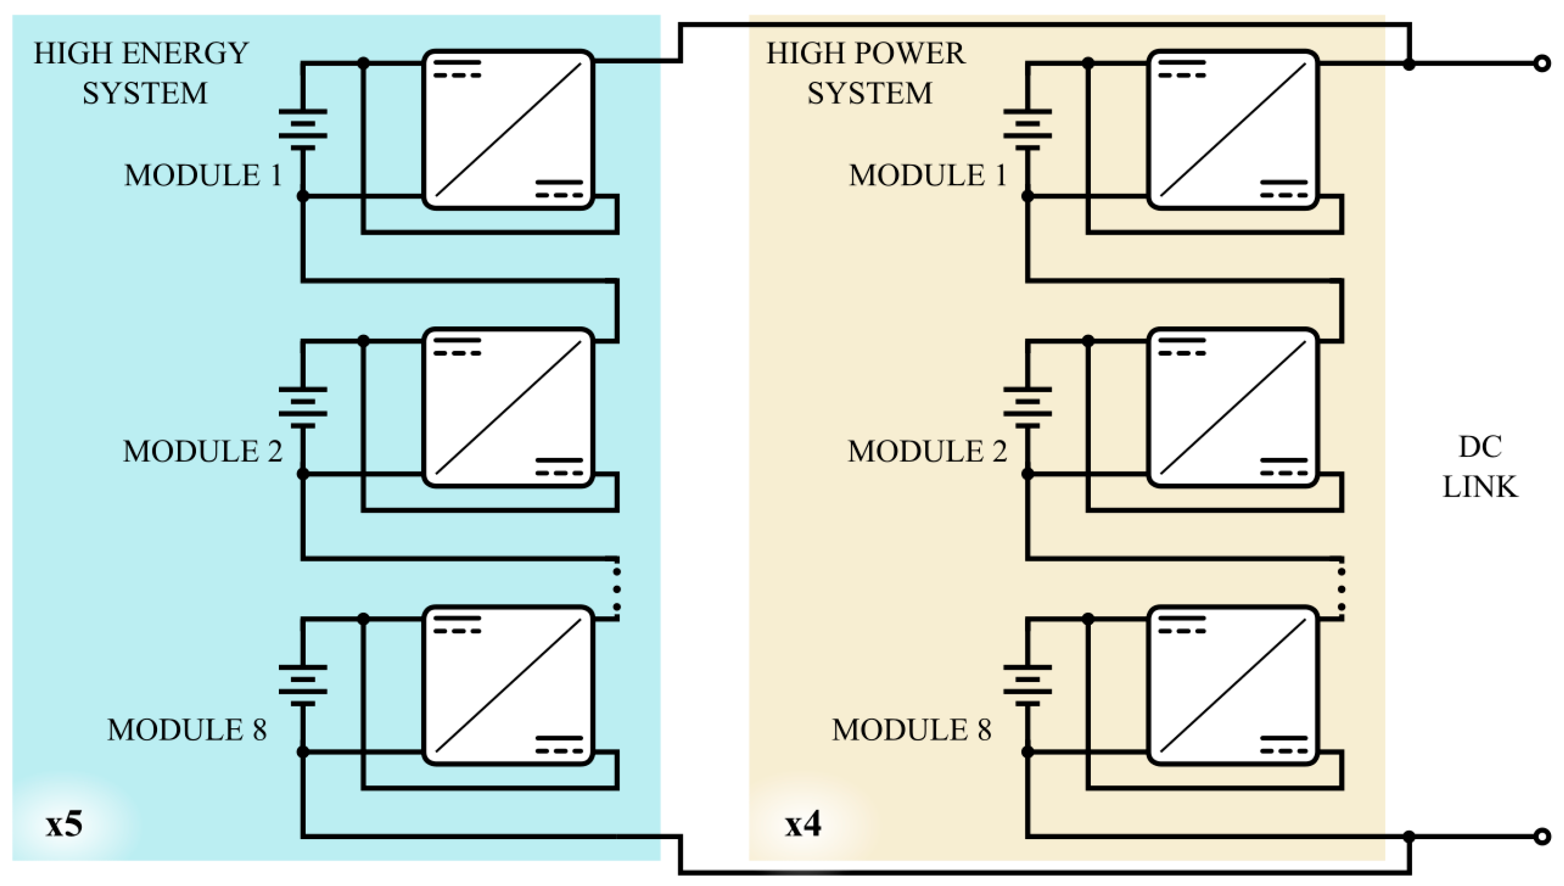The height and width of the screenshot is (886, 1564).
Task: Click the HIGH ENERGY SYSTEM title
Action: [x=141, y=73]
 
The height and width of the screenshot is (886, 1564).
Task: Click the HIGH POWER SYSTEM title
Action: [x=866, y=73]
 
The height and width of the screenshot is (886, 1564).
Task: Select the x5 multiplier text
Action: [x=64, y=824]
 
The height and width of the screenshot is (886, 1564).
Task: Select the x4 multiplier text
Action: [x=803, y=824]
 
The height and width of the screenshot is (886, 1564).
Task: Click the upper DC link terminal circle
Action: [x=1542, y=63]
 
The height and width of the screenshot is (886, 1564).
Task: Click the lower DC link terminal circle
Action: [x=1542, y=837]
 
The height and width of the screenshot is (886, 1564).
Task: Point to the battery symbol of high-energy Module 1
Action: [x=303, y=130]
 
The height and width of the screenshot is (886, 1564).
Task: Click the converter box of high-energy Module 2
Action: [x=508, y=408]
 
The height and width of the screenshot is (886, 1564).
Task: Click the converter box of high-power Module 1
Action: [x=1233, y=130]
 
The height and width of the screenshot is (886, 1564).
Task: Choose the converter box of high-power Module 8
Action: [x=1233, y=686]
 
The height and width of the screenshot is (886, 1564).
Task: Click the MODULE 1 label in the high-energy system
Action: [x=204, y=175]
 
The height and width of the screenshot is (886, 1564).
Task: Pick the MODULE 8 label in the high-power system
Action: [x=911, y=729]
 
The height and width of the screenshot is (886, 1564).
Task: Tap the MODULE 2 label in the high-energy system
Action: [x=203, y=452]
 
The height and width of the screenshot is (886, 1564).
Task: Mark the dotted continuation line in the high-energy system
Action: [x=617, y=589]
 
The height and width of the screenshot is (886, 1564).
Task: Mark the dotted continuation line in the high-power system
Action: [x=1341, y=589]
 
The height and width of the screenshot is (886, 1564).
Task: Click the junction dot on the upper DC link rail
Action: [x=1409, y=63]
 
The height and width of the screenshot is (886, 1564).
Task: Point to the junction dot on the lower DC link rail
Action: [x=1409, y=837]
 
